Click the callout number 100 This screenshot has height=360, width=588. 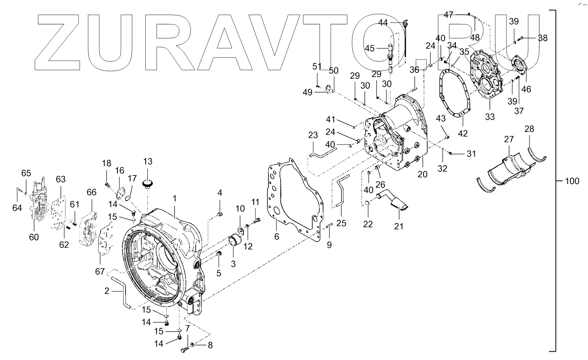572,181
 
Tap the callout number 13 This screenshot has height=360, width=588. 147,162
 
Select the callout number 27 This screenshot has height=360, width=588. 509,139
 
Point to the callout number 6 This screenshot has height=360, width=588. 276,237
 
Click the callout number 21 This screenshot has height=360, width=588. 399,226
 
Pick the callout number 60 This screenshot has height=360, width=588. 34,237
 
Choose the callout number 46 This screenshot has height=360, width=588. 526,89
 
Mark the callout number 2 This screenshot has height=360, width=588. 107,291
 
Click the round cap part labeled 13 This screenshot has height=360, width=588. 148,183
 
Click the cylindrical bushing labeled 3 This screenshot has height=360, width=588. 236,240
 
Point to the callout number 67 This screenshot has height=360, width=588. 100,272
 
